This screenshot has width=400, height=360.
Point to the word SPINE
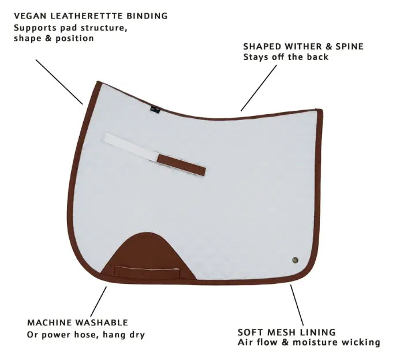[349, 46]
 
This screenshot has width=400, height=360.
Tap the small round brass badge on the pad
[295, 260]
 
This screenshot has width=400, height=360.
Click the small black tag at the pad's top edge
[155, 108]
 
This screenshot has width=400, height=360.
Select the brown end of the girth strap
[181, 165]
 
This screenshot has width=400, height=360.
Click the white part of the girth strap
[132, 147]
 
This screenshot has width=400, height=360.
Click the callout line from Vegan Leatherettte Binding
[59, 82]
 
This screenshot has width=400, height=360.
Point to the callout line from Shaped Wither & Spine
[259, 88]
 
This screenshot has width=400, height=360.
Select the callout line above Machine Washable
[99, 302]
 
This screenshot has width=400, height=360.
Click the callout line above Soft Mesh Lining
[297, 305]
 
